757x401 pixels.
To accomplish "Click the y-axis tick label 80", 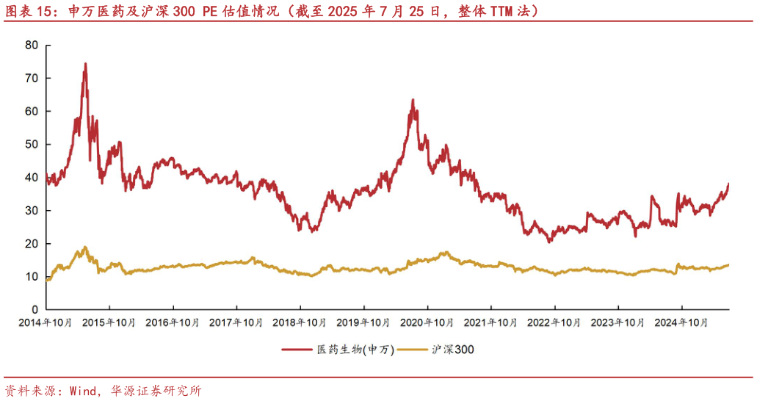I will (31, 45).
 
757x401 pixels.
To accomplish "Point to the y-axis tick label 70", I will (31, 78).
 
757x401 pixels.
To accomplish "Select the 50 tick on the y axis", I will (31, 144).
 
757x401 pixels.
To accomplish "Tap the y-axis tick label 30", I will (31, 210).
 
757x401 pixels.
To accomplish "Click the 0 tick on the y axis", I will (35, 309).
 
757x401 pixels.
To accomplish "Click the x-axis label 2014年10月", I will (46, 322).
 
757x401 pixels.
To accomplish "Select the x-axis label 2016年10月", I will (173, 322).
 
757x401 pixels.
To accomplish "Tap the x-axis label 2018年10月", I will (300, 322).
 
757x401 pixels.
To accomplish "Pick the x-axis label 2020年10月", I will (427, 322).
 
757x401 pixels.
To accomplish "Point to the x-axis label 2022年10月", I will (554, 322).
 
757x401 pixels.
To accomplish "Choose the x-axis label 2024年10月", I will (681, 322).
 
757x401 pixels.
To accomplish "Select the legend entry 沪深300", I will (454, 350).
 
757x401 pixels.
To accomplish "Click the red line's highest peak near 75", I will (85, 64).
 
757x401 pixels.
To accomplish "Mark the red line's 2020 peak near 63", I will (413, 100).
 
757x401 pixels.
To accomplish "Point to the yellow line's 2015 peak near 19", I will (85, 248).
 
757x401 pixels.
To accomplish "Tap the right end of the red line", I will (728, 184).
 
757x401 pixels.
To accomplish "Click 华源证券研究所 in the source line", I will (155, 390).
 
